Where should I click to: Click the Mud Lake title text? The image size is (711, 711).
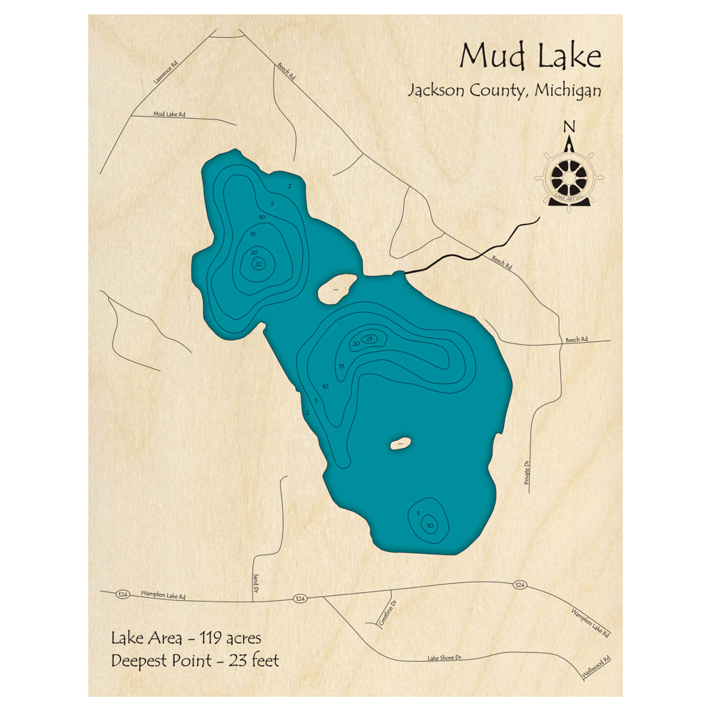tap(530, 56)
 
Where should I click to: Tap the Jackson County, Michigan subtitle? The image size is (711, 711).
tap(504, 91)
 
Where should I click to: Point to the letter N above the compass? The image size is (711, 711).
tap(569, 127)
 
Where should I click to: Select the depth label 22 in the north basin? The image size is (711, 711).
tap(258, 264)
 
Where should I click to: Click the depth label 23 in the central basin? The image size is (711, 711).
tap(369, 338)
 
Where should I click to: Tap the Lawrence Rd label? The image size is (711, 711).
tap(165, 73)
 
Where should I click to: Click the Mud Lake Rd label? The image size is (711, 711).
tap(169, 114)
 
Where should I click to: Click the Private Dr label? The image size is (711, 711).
tap(527, 473)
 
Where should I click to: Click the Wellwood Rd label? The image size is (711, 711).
tap(597, 665)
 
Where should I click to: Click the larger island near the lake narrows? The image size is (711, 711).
tap(336, 289)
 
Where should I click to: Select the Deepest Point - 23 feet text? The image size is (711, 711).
tap(195, 661)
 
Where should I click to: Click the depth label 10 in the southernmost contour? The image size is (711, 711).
tap(429, 526)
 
